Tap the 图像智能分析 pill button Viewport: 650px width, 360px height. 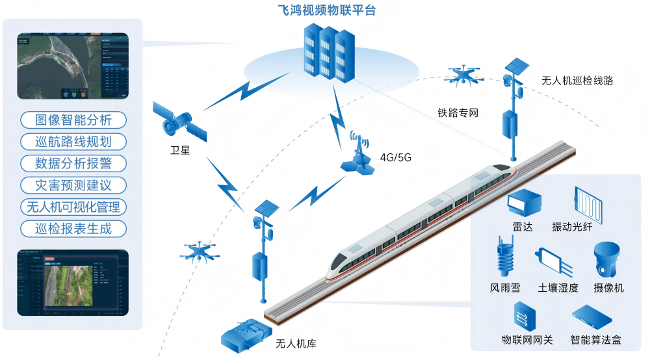click(73, 120)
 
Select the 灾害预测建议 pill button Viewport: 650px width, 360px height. click(73, 185)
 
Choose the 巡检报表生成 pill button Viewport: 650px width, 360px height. click(73, 229)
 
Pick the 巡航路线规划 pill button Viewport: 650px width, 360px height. click(73, 142)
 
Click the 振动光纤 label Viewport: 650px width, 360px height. click(572, 226)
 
